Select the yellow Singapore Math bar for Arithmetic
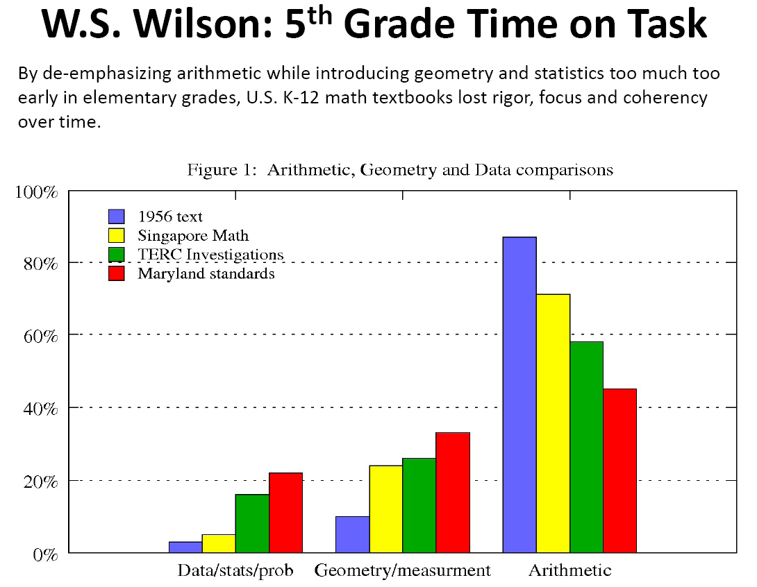coord(553,423)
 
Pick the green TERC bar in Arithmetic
coord(586,447)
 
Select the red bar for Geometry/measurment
coord(453,493)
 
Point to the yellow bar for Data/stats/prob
coord(219,543)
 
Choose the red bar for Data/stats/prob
coord(285,513)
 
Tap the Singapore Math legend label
coord(193,236)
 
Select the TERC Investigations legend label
coord(210,255)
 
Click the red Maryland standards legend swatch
coord(116,273)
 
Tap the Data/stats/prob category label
coord(235,571)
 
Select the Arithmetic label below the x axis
coord(569,571)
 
